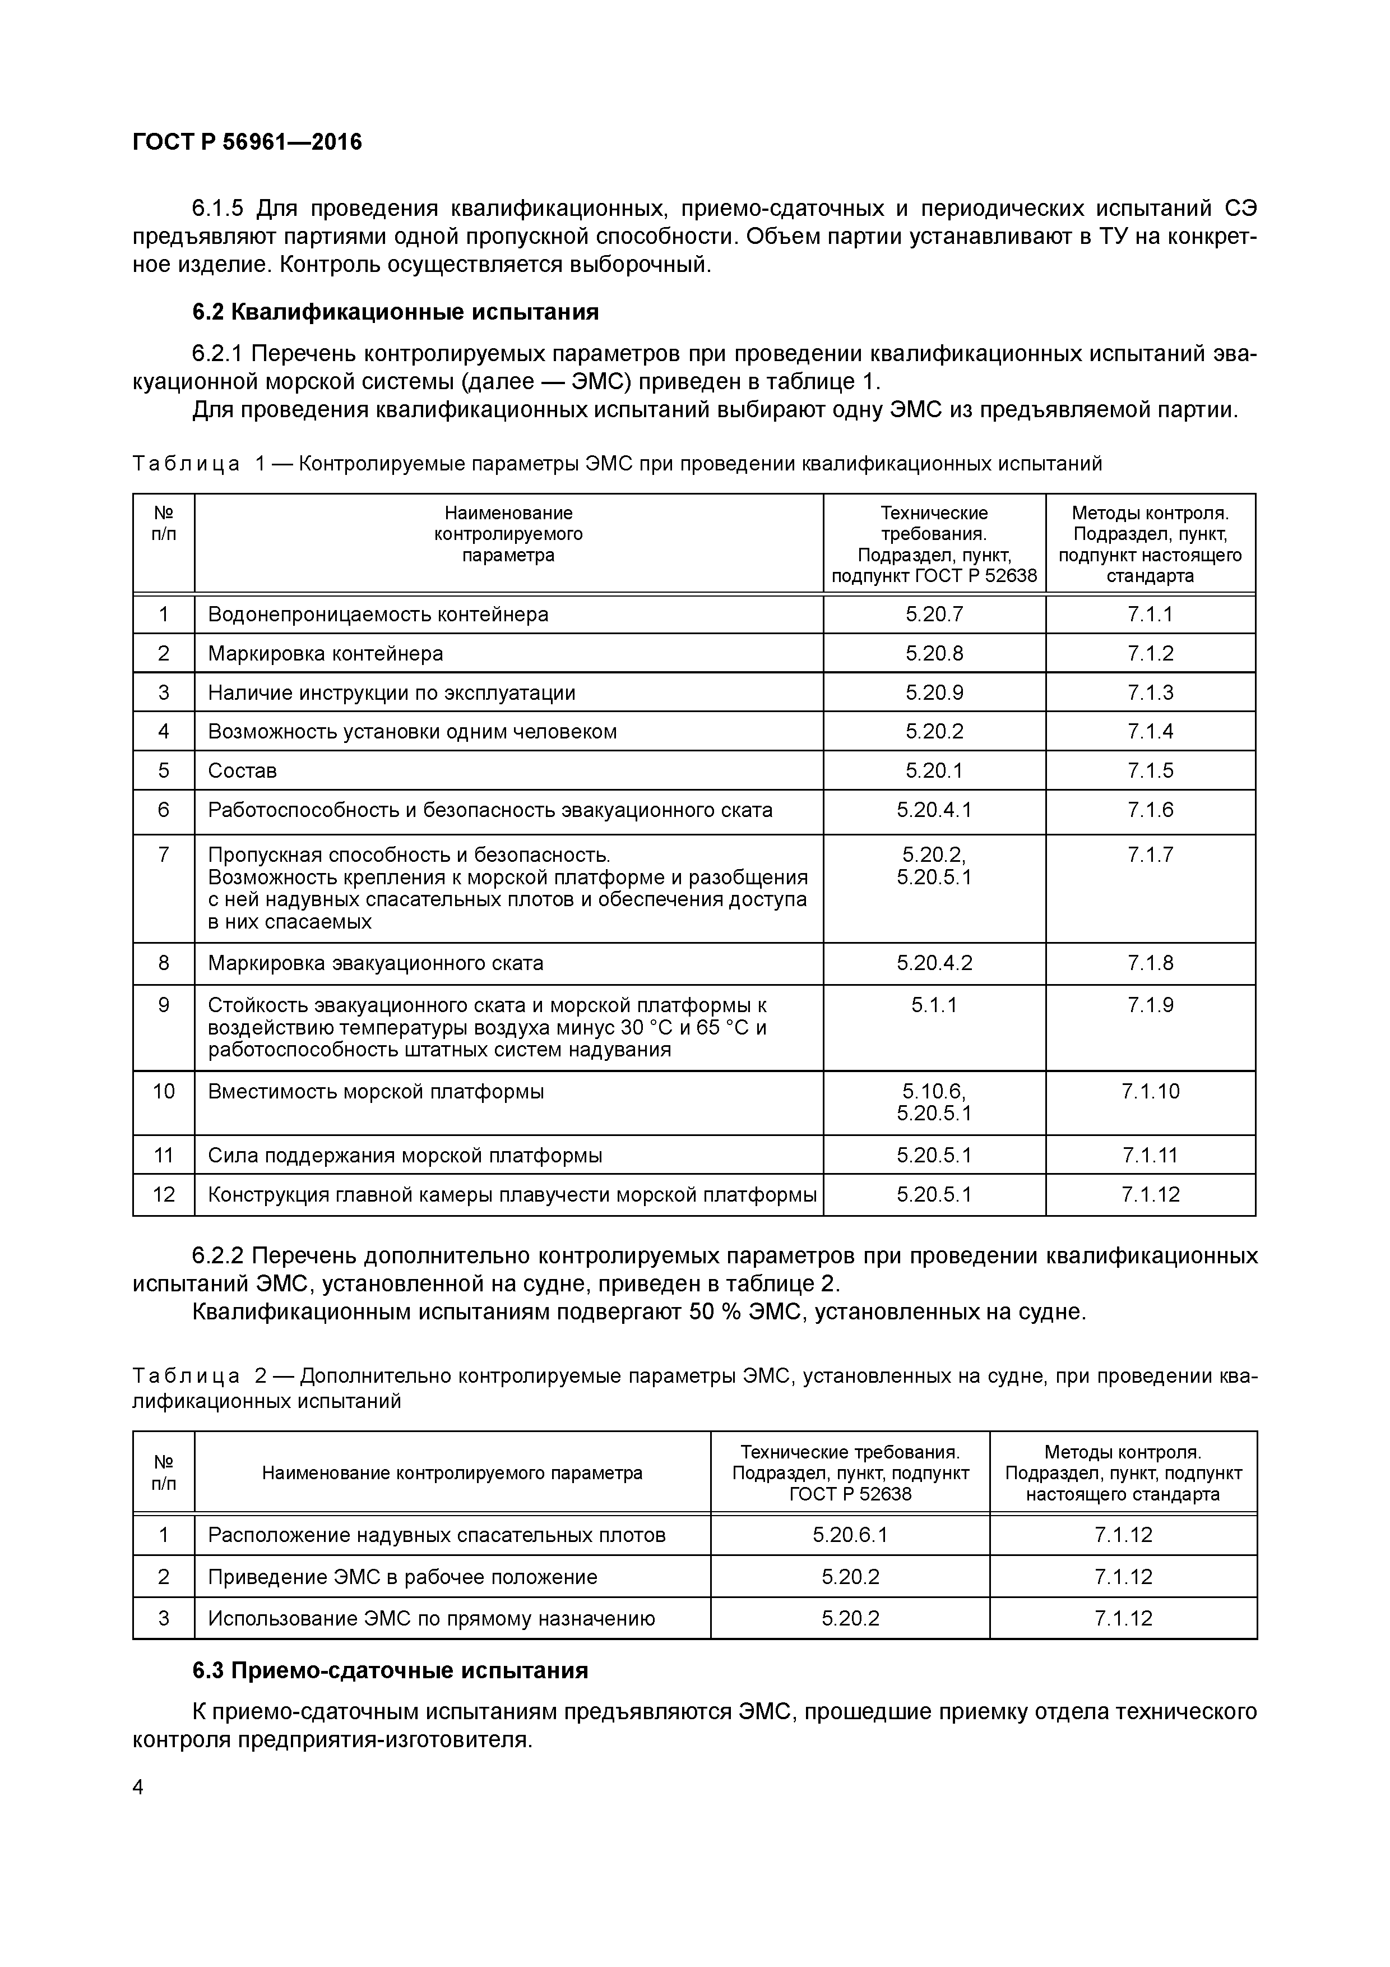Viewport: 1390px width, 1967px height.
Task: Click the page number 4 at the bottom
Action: point(139,1787)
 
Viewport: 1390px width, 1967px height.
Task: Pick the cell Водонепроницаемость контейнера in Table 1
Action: point(378,614)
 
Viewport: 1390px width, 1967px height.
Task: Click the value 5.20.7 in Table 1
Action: point(934,614)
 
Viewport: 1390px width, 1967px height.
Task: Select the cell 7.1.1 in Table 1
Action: point(1150,614)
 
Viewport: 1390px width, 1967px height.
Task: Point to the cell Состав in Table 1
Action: point(242,770)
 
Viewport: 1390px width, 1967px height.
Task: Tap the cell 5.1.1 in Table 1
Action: point(934,1005)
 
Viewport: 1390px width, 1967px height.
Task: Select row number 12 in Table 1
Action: point(164,1194)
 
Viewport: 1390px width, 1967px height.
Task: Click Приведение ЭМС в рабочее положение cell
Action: point(402,1577)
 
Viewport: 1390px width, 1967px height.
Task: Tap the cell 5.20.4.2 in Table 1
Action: point(934,963)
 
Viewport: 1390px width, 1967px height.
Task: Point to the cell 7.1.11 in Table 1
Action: point(1150,1156)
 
